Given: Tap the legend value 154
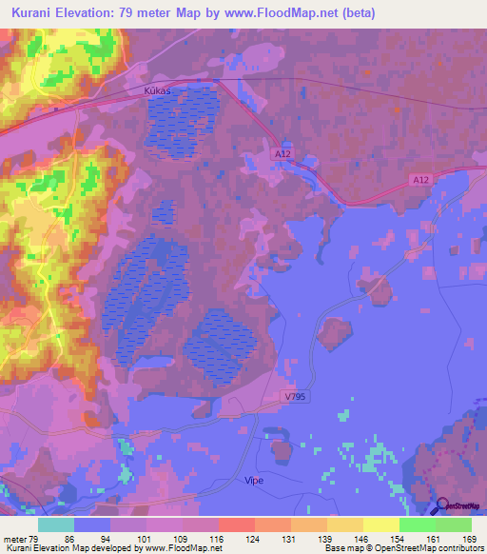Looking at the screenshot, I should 399,539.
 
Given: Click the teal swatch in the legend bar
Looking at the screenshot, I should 55,524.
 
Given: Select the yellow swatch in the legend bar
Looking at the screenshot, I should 380,524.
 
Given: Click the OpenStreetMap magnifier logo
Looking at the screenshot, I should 442,505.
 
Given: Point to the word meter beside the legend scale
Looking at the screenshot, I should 13,539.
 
